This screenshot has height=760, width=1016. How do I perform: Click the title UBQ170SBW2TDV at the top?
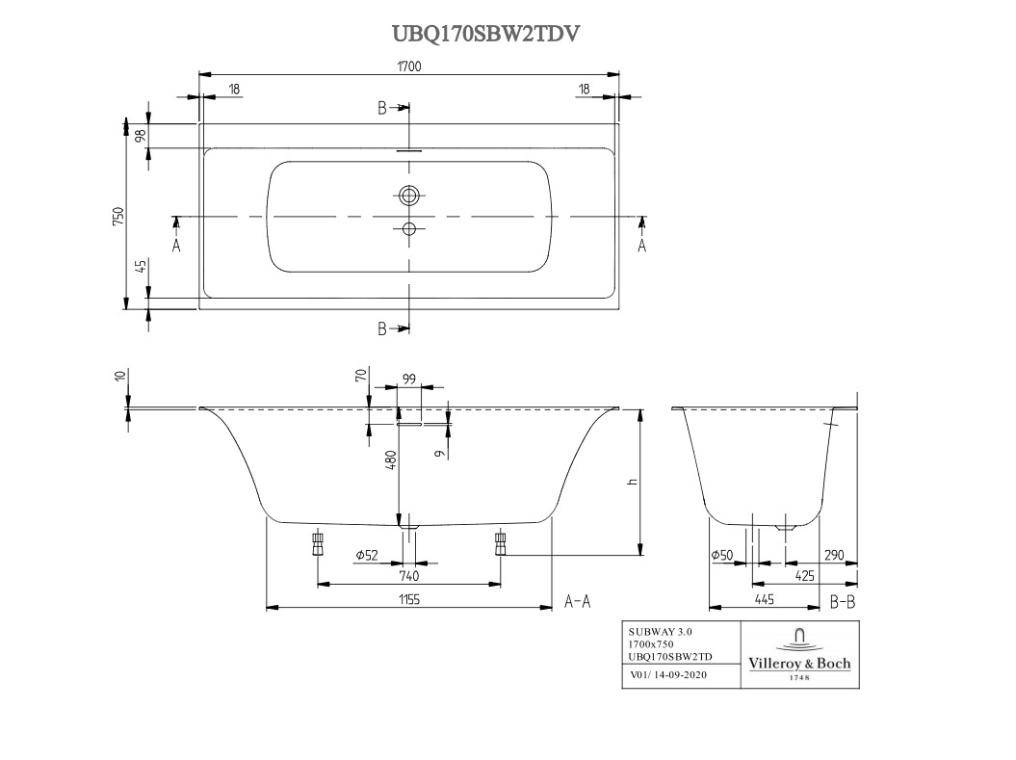486,34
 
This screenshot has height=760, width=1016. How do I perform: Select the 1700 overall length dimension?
409,66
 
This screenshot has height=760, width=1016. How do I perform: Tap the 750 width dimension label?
117,216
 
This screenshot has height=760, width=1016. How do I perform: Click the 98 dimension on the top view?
140,136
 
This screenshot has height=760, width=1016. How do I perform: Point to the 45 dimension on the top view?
140,267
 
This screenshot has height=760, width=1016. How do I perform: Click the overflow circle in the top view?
410,196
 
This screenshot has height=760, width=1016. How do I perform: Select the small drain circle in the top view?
410,229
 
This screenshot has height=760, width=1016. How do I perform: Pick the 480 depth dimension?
391,459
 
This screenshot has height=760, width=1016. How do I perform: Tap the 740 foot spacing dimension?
408,575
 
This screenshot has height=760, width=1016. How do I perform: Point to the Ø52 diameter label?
367,554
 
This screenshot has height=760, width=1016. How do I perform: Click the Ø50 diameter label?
721,555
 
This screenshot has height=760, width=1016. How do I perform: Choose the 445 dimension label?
763,599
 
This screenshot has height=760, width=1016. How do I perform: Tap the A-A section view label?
577,601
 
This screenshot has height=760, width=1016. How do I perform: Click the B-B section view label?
843,601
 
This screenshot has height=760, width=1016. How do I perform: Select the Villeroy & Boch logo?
799,654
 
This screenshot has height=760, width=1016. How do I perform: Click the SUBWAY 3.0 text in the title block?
660,631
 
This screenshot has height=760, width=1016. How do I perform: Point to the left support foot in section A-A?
318,544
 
